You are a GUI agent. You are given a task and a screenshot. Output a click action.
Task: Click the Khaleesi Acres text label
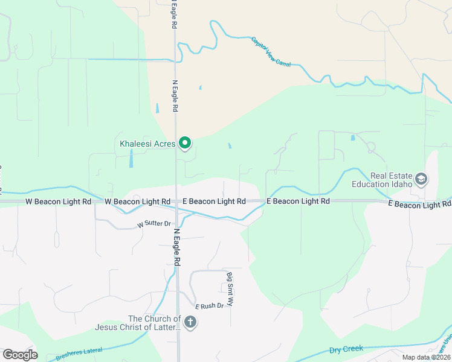tap(147, 144)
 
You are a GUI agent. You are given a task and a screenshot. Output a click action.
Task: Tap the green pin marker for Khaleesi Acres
tap(186, 143)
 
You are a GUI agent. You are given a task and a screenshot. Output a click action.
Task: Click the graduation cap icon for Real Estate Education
tap(421, 179)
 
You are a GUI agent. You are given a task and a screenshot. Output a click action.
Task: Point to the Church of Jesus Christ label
tap(154, 323)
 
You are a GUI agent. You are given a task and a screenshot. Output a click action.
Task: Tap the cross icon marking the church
tap(190, 322)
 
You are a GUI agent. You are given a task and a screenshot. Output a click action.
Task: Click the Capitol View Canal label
tap(271, 51)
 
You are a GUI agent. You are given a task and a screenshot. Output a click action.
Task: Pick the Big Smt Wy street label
tap(230, 290)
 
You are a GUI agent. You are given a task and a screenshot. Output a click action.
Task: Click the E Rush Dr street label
tap(209, 306)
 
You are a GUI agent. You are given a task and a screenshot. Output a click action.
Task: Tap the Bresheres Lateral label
tap(79, 351)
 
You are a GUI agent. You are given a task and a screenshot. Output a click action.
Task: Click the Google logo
tap(20, 355)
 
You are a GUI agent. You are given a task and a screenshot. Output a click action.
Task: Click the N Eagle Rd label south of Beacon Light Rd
tap(177, 247)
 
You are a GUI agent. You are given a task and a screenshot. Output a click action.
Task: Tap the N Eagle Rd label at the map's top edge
tap(173, 14)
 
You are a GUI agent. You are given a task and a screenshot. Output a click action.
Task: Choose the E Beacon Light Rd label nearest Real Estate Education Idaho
tap(419, 205)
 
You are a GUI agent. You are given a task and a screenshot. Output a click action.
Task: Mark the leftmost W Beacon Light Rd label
tap(58, 201)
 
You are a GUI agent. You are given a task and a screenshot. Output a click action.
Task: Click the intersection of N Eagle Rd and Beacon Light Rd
tap(176, 201)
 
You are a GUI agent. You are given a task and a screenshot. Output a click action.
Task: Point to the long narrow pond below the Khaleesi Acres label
tap(131, 158)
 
